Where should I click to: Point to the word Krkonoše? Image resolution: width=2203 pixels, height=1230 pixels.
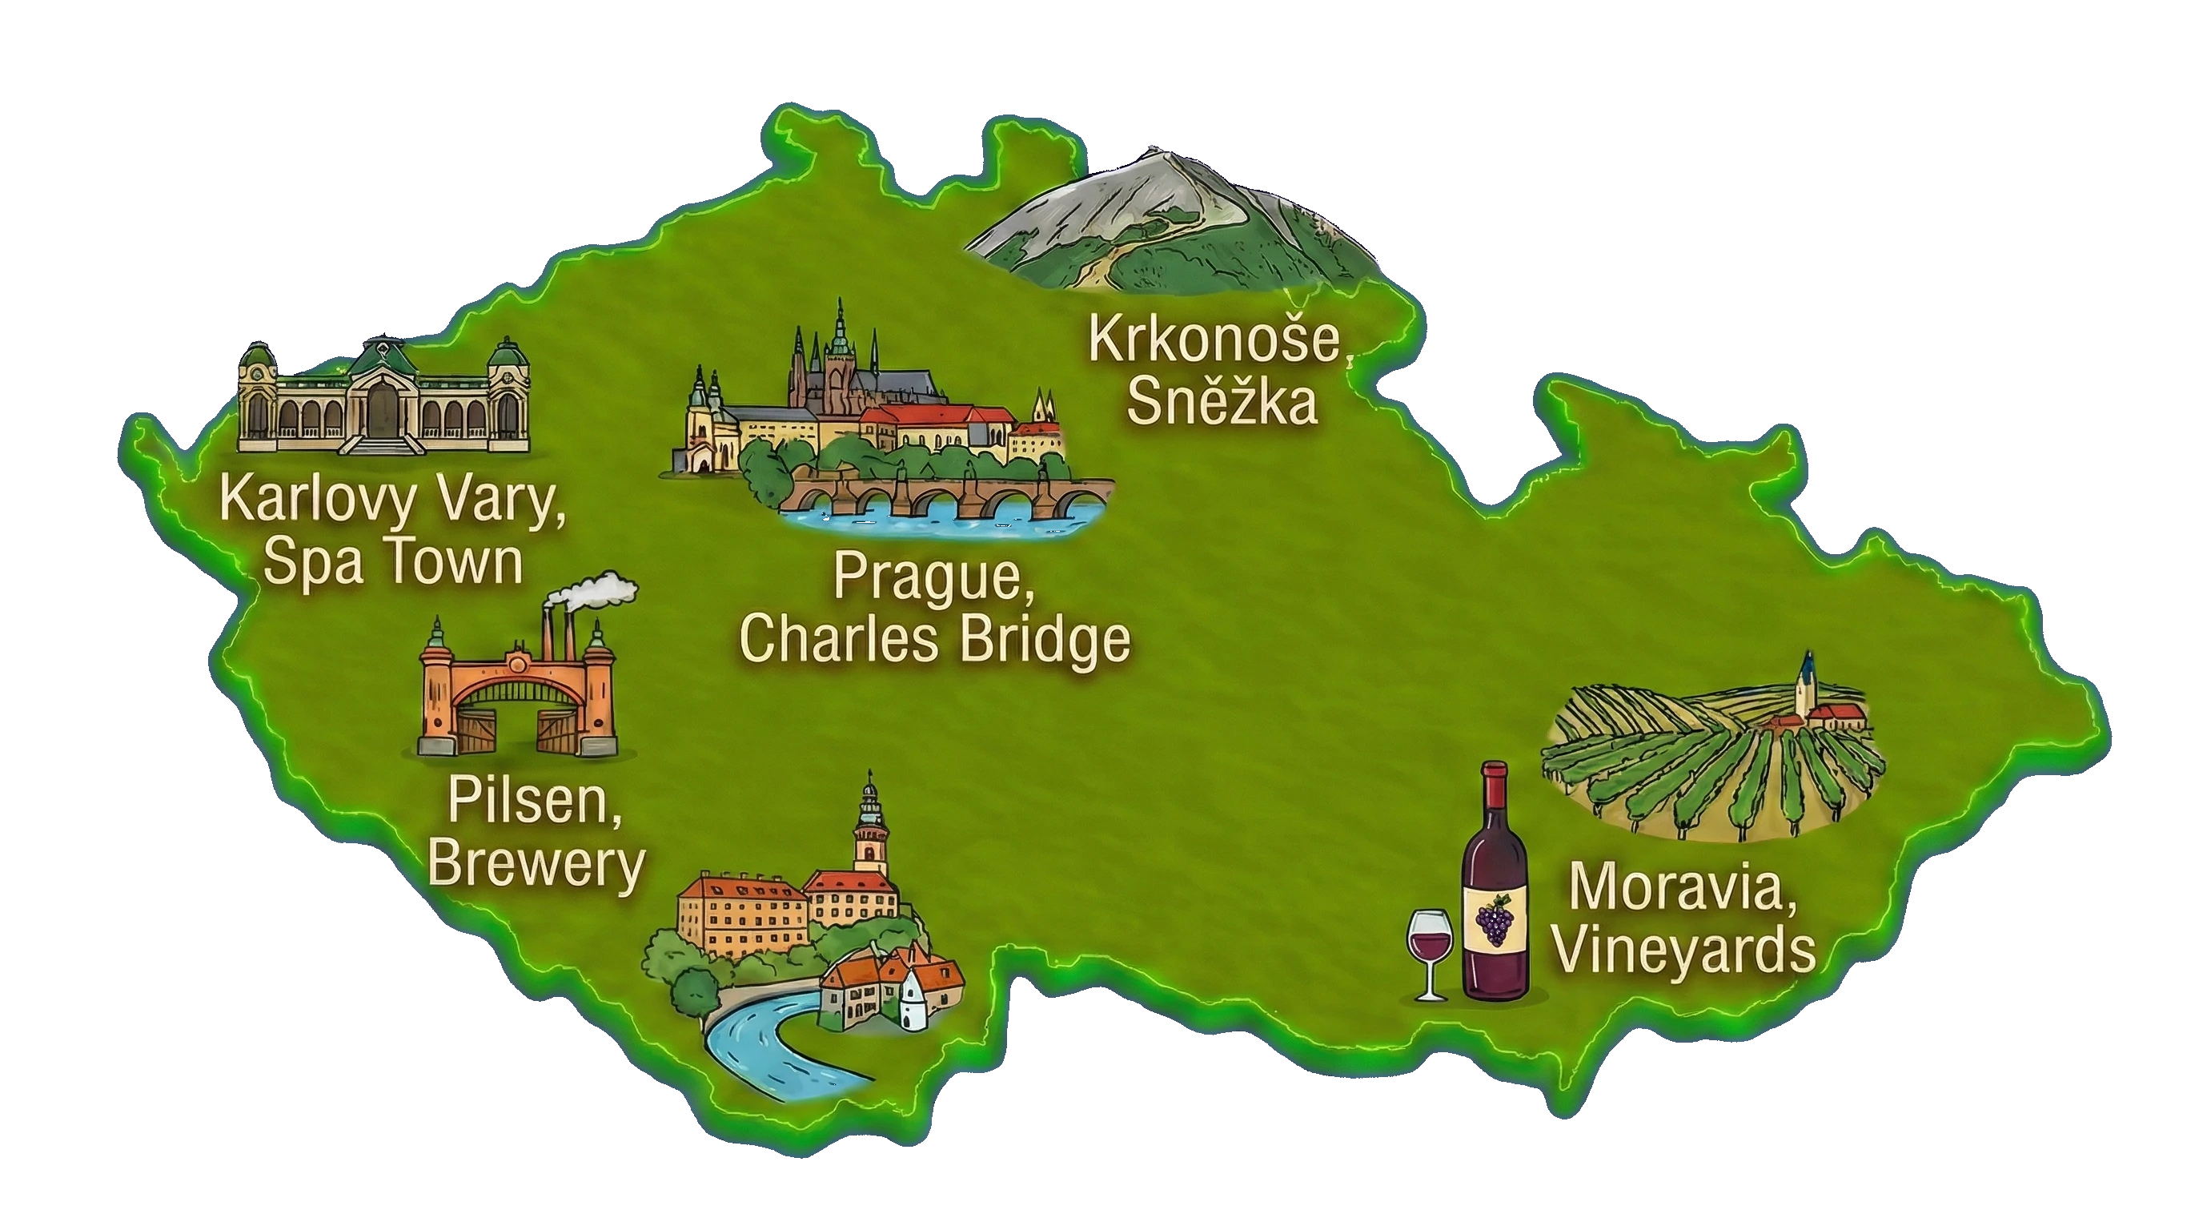pos(1218,340)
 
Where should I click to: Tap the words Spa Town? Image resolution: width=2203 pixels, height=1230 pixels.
pos(392,562)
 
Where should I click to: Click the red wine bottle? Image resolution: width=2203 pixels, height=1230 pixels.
pos(1494,890)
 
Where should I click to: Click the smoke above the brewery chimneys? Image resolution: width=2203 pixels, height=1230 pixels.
pos(599,591)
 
